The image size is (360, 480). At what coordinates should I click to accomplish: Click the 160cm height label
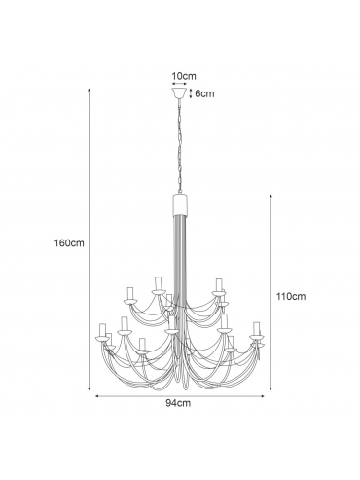tap(69, 243)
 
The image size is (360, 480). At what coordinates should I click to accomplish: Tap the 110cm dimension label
tap(291, 296)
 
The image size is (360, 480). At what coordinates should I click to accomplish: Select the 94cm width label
tap(178, 403)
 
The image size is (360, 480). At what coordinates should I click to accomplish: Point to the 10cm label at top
tap(184, 76)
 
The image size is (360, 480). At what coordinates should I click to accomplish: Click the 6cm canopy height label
tap(204, 93)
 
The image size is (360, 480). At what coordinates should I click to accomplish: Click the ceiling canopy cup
tap(179, 92)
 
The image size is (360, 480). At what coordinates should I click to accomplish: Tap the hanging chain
tap(179, 146)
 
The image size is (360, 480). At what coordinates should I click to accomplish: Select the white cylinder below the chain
tap(179, 204)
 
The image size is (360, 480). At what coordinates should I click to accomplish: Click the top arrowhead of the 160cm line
tap(90, 89)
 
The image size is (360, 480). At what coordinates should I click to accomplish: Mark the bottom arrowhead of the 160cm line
tap(90, 388)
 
